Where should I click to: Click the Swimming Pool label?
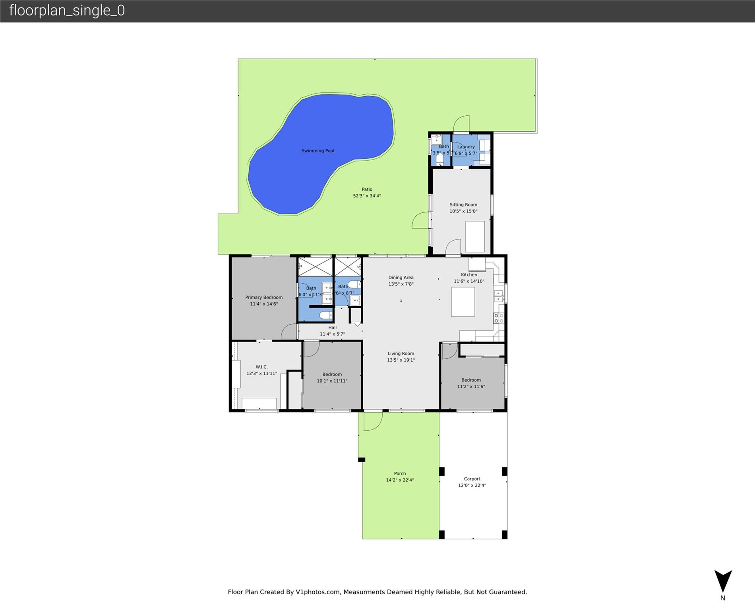(317, 151)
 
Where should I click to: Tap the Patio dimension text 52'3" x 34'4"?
(367, 196)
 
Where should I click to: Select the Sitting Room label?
(463, 205)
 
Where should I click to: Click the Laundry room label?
(466, 147)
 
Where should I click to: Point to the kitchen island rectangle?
(463, 302)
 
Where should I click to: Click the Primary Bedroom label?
(264, 298)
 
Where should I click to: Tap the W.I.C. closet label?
(261, 367)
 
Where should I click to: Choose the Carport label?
(472, 479)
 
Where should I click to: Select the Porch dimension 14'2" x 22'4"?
(400, 480)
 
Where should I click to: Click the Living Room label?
(401, 354)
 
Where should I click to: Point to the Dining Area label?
(401, 278)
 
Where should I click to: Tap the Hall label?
(332, 328)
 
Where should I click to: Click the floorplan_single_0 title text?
(67, 10)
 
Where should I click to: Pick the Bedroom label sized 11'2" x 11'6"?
(471, 380)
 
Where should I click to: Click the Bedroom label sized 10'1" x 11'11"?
(332, 375)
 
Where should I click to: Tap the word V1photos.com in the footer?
(318, 592)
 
